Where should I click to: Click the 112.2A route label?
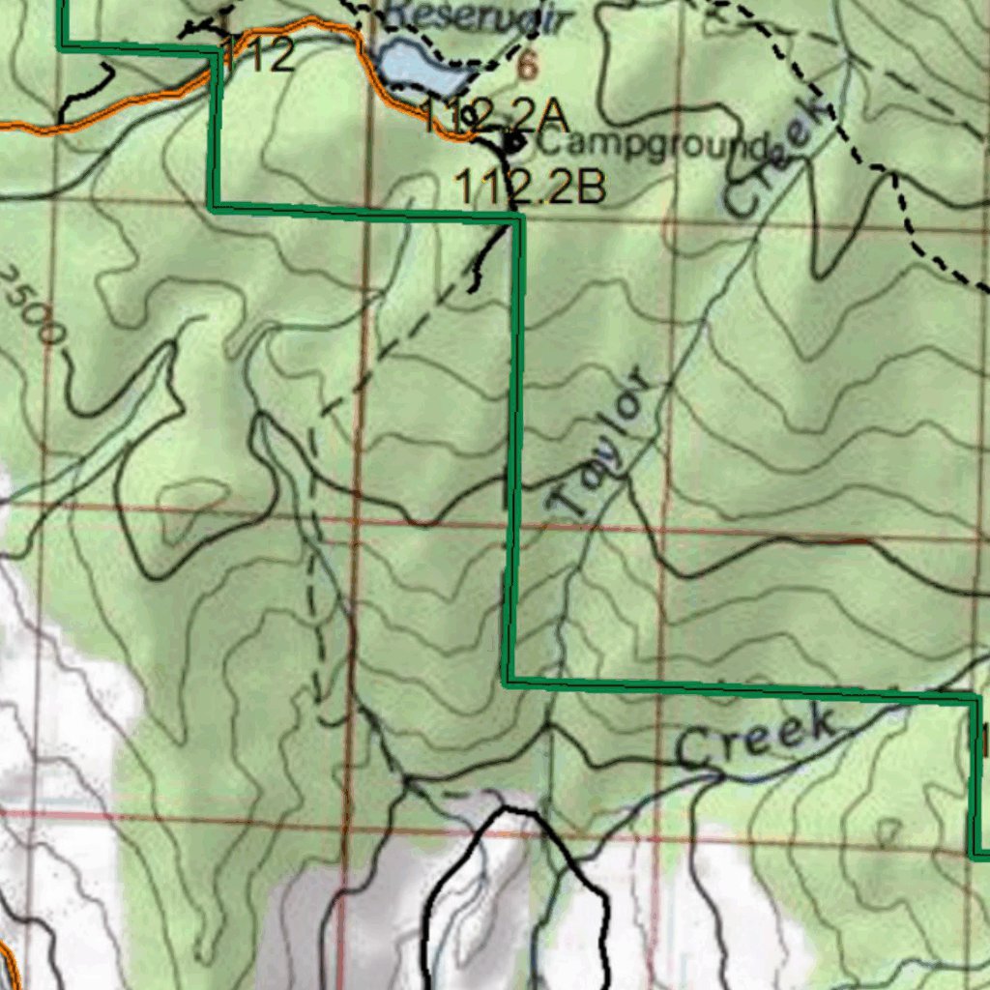click(493, 117)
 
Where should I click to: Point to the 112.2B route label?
click(530, 188)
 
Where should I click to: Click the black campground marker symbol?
click(512, 143)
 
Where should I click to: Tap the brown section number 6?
click(527, 66)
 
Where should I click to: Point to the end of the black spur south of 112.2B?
click(472, 288)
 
